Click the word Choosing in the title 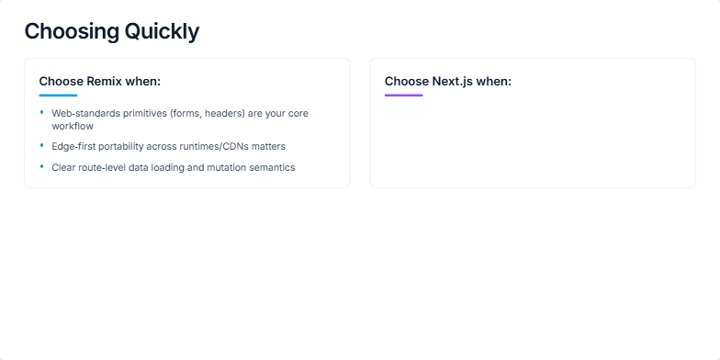pos(72,31)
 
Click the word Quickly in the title pos(162,31)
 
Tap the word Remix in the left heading pos(105,81)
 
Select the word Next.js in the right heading pos(453,81)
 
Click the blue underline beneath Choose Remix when pos(59,96)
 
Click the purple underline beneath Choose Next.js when pos(404,96)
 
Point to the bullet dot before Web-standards pos(42,112)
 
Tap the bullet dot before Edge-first pos(42,145)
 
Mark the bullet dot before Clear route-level pos(42,166)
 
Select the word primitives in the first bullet pos(145,114)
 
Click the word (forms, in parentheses pos(186,114)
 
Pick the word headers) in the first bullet pos(225,114)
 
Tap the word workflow pos(73,127)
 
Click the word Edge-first pos(73,147)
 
